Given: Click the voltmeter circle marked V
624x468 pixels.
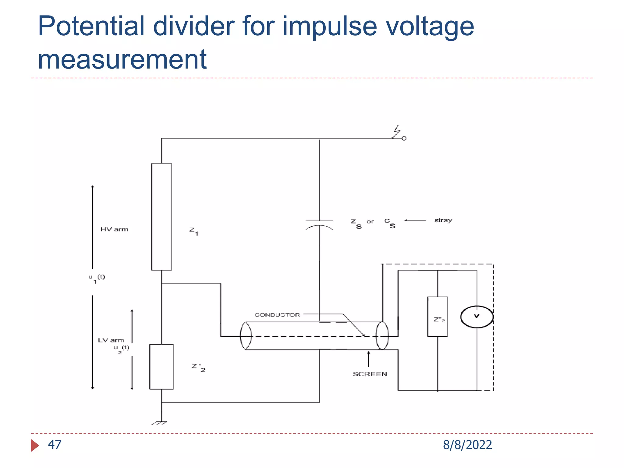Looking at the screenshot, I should tap(477, 317).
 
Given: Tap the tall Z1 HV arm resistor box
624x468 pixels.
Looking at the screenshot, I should tap(161, 217).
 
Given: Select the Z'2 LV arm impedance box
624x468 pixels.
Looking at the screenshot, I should tap(161, 367).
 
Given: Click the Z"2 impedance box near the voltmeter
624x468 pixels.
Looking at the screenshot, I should tap(438, 317).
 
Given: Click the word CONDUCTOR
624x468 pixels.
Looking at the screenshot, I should tap(277, 315).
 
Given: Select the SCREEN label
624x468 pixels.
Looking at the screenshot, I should tap(370, 374).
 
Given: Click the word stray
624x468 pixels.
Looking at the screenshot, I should tap(443, 220).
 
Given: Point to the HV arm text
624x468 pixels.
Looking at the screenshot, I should tap(114, 229).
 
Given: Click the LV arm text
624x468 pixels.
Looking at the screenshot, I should tap(111, 340).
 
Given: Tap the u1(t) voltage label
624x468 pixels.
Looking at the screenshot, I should tap(96, 278).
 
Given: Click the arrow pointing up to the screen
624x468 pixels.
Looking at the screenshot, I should tap(368, 359).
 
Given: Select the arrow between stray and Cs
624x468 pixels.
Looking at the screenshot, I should tap(415, 220).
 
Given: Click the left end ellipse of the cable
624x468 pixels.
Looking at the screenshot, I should tap(246, 335).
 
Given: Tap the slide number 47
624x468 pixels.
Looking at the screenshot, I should tap(55, 445).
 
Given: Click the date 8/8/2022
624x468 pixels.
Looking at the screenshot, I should tap(467, 445).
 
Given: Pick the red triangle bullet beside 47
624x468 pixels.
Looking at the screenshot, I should tap(34, 445).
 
